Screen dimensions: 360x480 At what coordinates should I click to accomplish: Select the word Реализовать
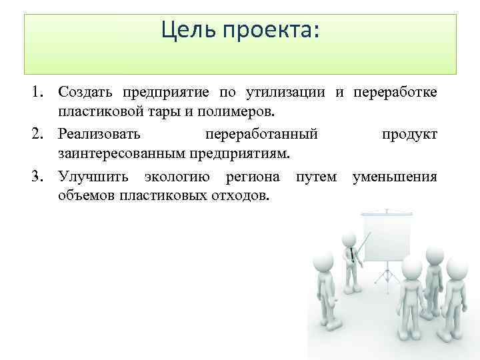click(x=99, y=134)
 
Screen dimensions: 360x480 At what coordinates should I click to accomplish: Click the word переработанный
click(x=261, y=134)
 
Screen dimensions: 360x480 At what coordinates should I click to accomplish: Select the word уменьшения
click(x=395, y=177)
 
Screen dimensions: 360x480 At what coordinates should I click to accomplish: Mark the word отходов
click(x=240, y=196)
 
